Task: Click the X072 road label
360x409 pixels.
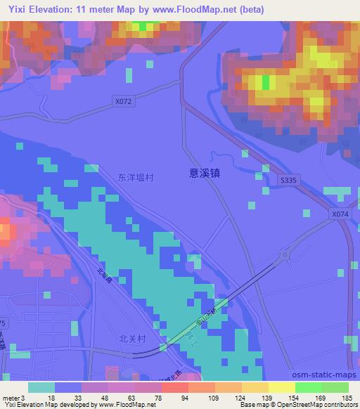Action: [x=123, y=102]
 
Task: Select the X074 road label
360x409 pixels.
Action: [x=340, y=213]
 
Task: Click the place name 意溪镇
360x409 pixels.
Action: [x=205, y=171]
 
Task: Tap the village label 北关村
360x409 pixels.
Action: [x=132, y=337]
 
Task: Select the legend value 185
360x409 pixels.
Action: [x=347, y=398]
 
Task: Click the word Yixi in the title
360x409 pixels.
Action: [x=14, y=10]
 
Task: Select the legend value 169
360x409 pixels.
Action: [x=321, y=398]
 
